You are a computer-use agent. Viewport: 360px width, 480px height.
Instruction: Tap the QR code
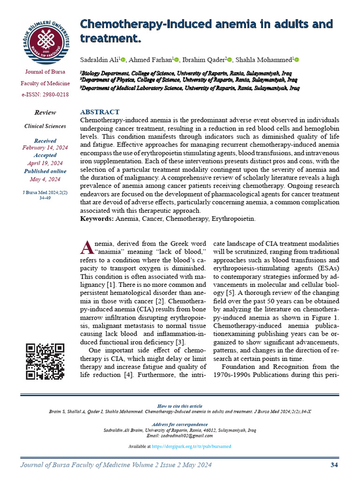click(x=45, y=361)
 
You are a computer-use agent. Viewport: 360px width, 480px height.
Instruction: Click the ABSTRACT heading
click(x=100, y=112)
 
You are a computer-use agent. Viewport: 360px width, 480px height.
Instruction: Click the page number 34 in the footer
click(x=334, y=465)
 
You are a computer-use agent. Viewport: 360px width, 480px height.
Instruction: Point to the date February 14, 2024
click(x=45, y=148)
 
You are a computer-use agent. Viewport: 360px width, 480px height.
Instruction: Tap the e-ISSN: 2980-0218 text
click(x=45, y=95)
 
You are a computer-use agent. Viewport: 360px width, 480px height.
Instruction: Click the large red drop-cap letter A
click(x=87, y=247)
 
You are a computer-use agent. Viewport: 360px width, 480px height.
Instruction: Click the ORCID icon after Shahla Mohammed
click(x=296, y=60)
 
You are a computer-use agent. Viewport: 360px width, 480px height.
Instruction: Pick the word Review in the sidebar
click(x=45, y=112)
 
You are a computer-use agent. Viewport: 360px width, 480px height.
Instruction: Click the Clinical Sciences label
click(x=45, y=126)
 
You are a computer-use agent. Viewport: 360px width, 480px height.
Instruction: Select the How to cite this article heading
click(x=180, y=406)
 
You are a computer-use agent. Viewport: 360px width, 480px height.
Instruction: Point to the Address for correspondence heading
click(x=180, y=424)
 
